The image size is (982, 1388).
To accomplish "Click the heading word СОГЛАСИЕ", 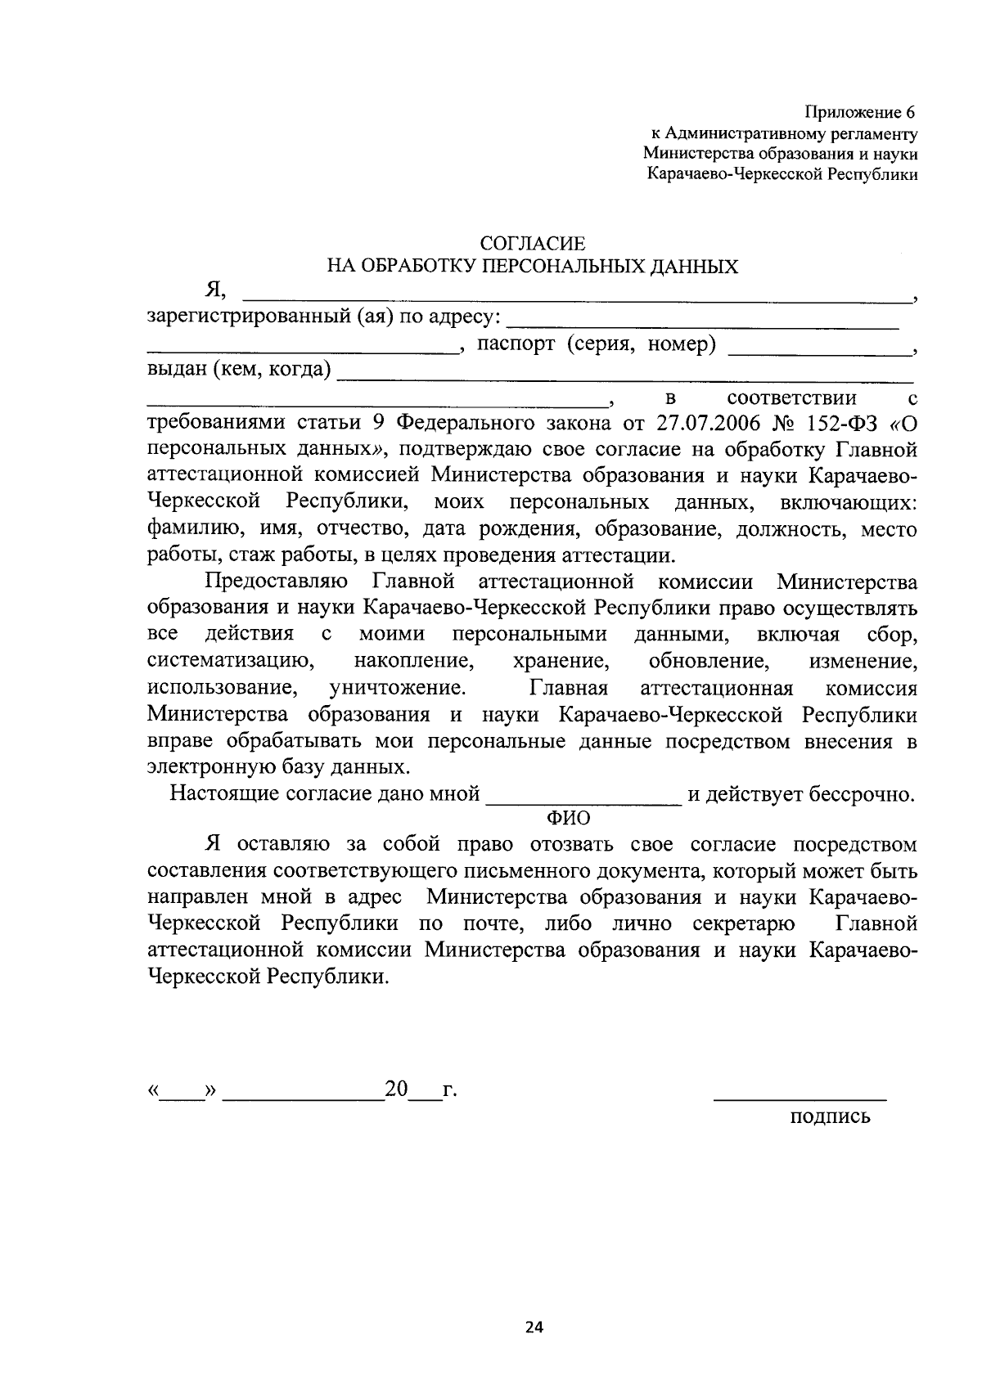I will click(533, 244).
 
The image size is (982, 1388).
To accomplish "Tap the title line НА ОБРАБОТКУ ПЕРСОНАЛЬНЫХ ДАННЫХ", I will click(533, 266).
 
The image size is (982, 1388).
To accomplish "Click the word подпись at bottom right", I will click(830, 1116).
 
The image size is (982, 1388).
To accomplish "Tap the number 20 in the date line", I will click(396, 1090).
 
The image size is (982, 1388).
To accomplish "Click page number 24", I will click(534, 1327).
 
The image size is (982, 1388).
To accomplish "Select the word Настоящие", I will click(221, 794).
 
